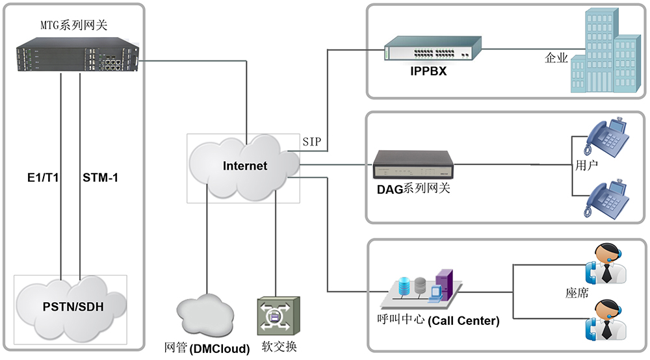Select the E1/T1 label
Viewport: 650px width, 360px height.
[41, 177]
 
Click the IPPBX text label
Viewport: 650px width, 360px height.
[428, 71]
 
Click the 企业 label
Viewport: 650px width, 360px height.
[556, 58]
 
